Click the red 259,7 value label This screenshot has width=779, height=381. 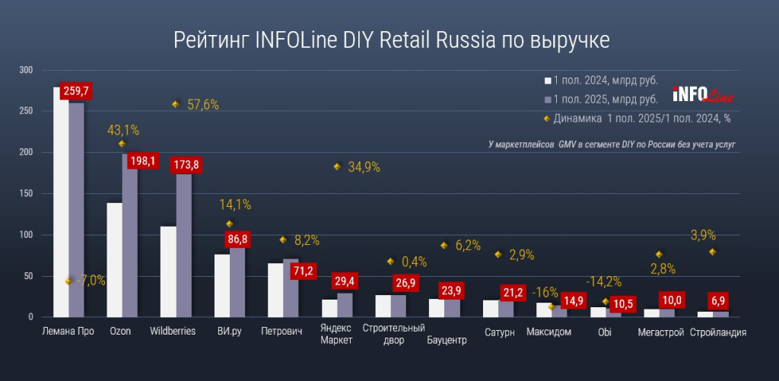click(77, 91)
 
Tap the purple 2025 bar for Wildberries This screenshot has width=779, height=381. click(184, 243)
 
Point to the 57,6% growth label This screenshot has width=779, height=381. click(203, 105)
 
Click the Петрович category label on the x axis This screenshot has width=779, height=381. click(281, 332)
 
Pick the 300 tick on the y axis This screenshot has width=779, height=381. click(27, 70)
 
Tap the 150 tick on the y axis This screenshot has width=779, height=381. click(27, 194)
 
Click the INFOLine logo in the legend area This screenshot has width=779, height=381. click(692, 95)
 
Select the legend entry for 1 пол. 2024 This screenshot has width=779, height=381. click(600, 81)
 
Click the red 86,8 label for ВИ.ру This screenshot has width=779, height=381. click(237, 240)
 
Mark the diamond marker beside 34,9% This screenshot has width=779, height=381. click(337, 167)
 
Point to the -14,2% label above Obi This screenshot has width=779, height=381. click(606, 281)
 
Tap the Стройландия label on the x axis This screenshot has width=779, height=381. click(717, 332)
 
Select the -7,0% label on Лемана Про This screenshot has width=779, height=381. click(90, 281)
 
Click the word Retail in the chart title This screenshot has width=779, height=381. click(400, 39)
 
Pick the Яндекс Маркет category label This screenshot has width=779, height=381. click(336, 335)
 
